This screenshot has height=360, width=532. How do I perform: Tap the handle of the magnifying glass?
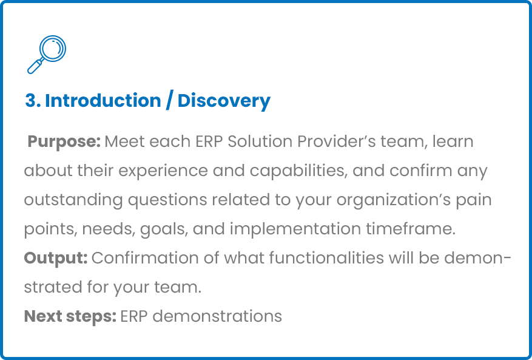click(x=35, y=66)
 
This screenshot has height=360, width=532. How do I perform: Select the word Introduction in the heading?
click(x=103, y=101)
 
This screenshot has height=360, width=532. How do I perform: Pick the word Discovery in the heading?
click(x=224, y=101)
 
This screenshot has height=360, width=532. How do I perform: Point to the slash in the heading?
click(x=169, y=101)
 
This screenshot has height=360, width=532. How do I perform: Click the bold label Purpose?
click(x=64, y=142)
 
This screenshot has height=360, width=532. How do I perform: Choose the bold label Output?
click(x=56, y=258)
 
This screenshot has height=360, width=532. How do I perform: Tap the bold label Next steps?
click(x=70, y=316)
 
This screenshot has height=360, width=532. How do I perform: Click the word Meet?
click(x=124, y=141)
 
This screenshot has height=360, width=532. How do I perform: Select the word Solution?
click(x=260, y=141)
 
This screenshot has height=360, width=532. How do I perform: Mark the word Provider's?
click(x=337, y=141)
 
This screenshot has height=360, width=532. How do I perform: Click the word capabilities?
click(x=299, y=171)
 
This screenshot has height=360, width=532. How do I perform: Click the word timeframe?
click(x=411, y=229)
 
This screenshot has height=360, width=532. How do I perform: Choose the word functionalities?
click(x=326, y=258)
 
